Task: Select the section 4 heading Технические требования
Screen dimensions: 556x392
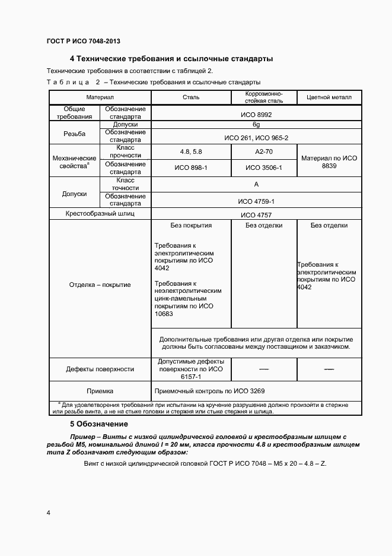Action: (171, 59)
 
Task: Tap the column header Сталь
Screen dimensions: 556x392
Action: (191, 97)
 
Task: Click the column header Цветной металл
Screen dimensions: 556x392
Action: (329, 97)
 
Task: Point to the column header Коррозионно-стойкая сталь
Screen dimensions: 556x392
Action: (264, 97)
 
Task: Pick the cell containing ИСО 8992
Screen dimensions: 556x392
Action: (256, 114)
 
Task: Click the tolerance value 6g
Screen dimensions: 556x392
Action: (256, 125)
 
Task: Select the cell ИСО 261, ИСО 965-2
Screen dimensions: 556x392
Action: (256, 137)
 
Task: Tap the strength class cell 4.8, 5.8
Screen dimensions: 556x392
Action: (191, 152)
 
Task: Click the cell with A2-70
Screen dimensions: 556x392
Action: (264, 152)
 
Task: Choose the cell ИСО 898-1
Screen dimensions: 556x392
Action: (191, 168)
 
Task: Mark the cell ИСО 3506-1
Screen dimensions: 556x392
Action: (264, 168)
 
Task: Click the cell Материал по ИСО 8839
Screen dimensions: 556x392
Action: (329, 163)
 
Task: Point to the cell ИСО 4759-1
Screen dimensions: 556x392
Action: (256, 201)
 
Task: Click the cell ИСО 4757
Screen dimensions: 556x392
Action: (256, 215)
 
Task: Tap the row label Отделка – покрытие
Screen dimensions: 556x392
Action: (100, 285)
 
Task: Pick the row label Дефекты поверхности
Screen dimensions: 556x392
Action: (100, 369)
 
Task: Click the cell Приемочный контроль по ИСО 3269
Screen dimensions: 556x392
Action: (209, 391)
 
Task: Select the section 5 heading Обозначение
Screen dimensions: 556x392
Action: (99, 424)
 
